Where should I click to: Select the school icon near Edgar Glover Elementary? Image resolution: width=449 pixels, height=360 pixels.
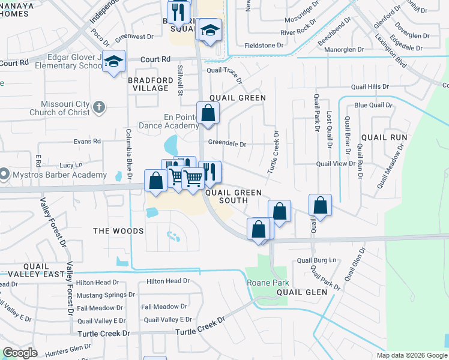tap(113, 62)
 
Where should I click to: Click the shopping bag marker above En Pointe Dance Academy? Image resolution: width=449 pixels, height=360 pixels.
tap(208, 113)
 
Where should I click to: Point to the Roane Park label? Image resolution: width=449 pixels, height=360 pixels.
tap(268, 283)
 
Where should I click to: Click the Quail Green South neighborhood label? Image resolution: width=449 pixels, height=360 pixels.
tap(234, 196)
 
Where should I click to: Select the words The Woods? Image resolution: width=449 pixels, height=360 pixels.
tap(119, 231)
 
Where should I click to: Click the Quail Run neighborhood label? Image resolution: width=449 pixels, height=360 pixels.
tap(390, 137)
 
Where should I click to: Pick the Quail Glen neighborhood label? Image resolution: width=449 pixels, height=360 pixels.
tap(302, 292)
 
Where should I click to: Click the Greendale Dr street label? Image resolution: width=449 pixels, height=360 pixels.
tap(228, 144)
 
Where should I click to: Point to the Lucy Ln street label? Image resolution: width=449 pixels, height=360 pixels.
tap(71, 165)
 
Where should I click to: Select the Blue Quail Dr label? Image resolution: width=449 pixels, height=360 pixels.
tap(373, 105)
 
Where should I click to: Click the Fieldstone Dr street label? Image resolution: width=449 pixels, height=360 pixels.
tap(264, 46)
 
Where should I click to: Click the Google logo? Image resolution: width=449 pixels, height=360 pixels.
tap(20, 353)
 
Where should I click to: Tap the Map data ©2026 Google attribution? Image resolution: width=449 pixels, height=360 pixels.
tap(412, 355)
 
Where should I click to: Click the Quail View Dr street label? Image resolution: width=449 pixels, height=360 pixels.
tap(336, 163)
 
